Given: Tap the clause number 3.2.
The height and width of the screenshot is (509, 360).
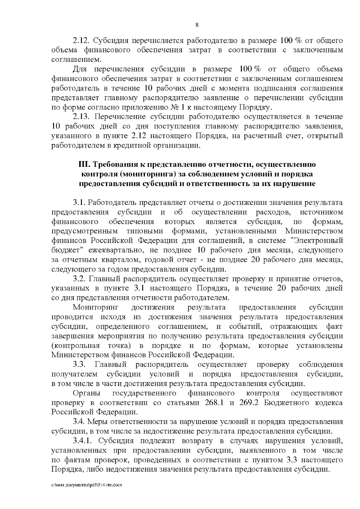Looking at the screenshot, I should (x=80, y=279).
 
